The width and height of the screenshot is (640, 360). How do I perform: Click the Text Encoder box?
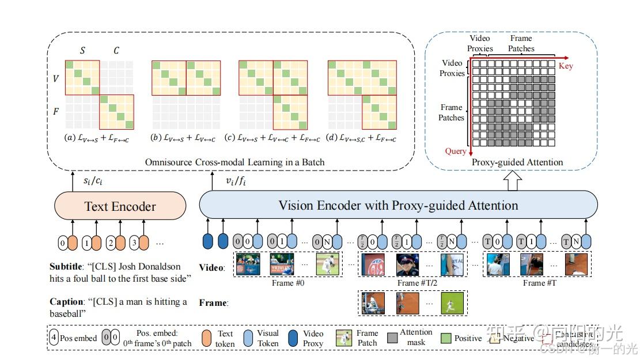pos(120,206)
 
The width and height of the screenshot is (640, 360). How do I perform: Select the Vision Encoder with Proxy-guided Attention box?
pos(398,205)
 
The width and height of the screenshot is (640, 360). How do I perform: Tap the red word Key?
pos(566,66)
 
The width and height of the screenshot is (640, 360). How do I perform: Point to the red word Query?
pos(455,151)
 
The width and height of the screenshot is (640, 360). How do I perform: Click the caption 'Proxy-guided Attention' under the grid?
pos(517,162)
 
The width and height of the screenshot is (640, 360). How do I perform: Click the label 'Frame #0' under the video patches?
pos(288,283)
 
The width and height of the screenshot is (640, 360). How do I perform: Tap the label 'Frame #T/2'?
pos(412,283)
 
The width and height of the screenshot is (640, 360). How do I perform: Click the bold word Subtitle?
pos(69,267)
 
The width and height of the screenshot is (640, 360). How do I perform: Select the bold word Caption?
pos(67,302)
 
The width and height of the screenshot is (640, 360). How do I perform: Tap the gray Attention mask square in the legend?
pos(393,338)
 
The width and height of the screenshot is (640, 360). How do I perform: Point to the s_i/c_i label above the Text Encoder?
pos(94,181)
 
